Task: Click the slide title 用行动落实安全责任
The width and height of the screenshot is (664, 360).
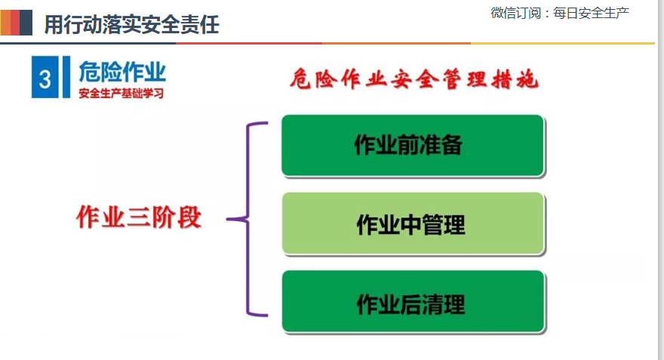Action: tap(132, 24)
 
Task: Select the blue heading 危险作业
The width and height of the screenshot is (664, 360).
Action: tap(122, 72)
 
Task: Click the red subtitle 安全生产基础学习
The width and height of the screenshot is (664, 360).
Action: tap(121, 93)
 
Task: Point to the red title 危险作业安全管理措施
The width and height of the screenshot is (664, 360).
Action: tap(413, 79)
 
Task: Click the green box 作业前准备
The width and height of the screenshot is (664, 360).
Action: tap(413, 145)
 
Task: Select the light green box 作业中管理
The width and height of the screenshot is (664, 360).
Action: tap(413, 223)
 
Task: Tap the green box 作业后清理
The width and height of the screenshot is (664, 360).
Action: tap(413, 302)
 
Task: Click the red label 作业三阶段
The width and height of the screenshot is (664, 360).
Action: tap(139, 217)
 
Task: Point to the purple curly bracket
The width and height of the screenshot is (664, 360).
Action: tap(247, 219)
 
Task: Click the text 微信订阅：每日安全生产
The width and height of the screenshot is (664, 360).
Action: tap(560, 13)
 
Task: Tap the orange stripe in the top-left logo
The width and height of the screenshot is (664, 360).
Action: tap(5, 23)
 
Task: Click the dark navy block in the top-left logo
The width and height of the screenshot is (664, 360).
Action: tap(26, 23)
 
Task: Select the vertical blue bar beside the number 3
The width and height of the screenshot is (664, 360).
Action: tap(66, 77)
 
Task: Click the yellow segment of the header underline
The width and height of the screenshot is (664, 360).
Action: tap(563, 43)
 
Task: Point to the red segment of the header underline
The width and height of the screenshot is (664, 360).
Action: tap(249, 43)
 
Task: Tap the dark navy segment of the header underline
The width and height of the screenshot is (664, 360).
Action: tap(88, 43)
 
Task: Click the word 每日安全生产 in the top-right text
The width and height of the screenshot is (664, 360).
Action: tap(591, 13)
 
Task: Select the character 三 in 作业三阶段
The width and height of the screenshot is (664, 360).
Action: tap(139, 218)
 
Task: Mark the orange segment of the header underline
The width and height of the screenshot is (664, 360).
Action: tap(396, 43)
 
